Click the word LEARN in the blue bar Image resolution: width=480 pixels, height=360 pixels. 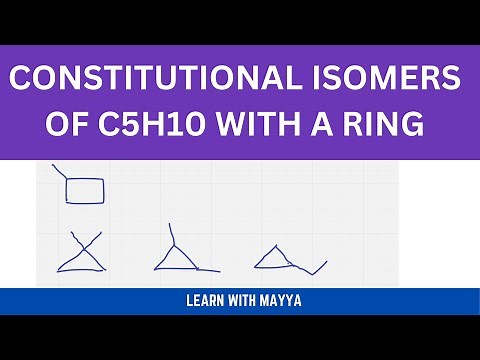pos(209,301)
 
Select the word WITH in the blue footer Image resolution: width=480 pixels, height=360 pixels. pos(247,301)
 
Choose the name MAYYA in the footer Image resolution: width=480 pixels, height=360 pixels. pos(285,301)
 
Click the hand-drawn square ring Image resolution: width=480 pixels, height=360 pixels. pos(85,189)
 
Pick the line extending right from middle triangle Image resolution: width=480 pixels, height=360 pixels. pos(206,269)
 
